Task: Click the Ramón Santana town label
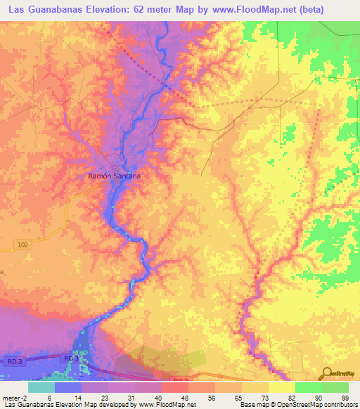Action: tap(109, 176)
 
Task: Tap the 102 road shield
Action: tap(22, 244)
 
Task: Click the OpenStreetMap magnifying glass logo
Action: tap(328, 372)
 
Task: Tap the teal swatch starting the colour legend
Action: tap(40, 387)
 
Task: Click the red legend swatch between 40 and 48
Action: tap(174, 387)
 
